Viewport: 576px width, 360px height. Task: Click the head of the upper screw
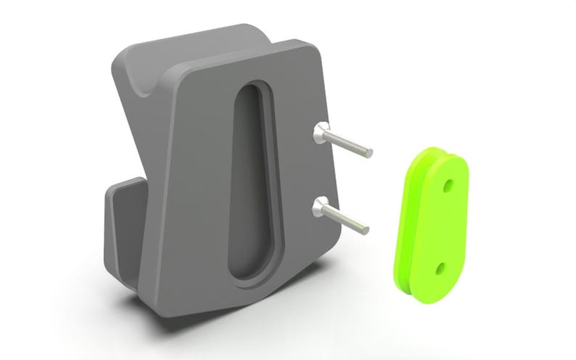pos(320,133)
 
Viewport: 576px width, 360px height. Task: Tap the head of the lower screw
pos(320,210)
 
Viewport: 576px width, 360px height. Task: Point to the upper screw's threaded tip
pos(369,153)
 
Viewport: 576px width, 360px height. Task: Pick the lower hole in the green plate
pos(440,269)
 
